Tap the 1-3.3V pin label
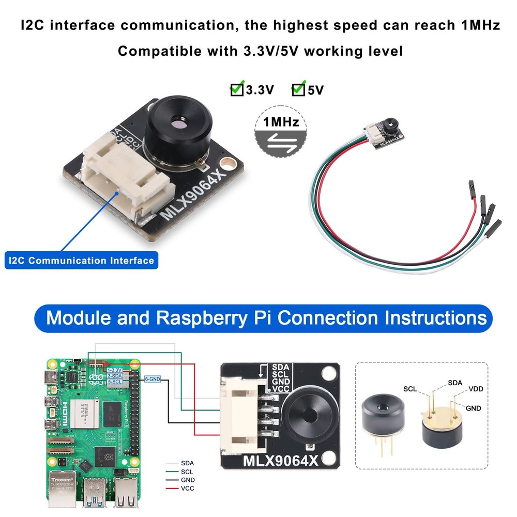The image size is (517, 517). [114, 370]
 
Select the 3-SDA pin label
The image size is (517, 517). [114, 376]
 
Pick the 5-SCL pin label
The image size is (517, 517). [114, 382]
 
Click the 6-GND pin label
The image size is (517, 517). [153, 379]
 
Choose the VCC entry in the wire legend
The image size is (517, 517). [188, 488]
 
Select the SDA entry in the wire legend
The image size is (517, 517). [188, 463]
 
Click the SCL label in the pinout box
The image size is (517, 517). [411, 388]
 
